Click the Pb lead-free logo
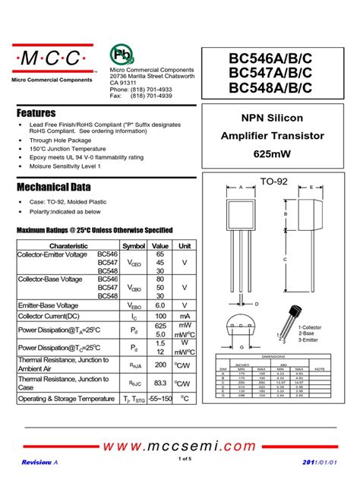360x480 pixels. (120, 54)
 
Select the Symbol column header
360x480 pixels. (134, 246)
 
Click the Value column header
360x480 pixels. (160, 246)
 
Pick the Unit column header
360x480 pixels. (185, 246)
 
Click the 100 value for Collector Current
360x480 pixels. (160, 315)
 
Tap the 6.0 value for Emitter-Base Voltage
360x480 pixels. (160, 304)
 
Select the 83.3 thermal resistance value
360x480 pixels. (160, 384)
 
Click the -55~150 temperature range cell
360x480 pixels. (160, 399)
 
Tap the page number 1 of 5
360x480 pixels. (185, 459)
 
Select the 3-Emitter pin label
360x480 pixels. (312, 339)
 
